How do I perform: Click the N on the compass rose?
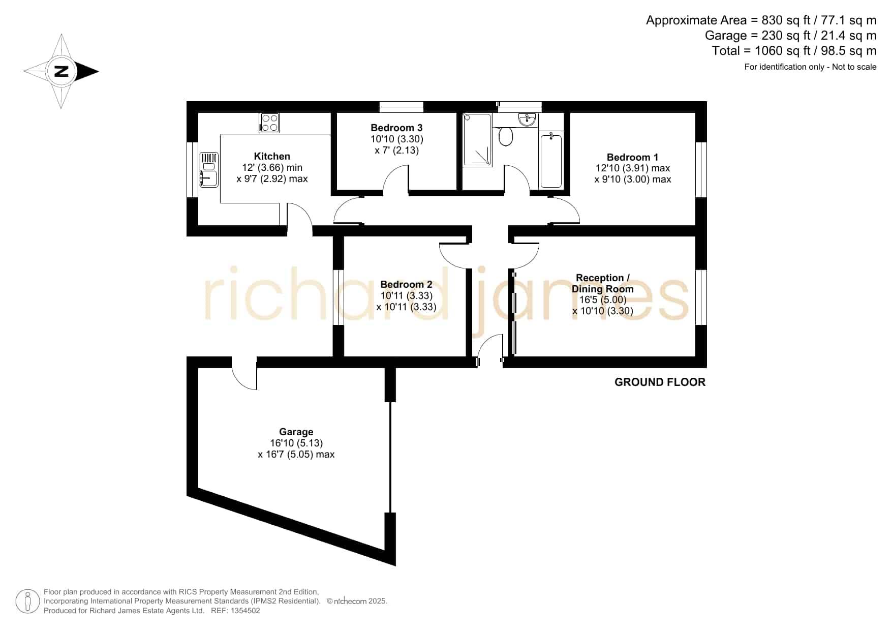(x=61, y=71)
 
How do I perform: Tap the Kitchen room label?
(x=272, y=156)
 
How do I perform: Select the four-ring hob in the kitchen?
(x=269, y=123)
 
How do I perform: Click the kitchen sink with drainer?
(x=209, y=169)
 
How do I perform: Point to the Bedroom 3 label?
(x=396, y=128)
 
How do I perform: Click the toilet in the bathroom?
(x=505, y=136)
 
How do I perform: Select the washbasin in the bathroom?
(x=527, y=119)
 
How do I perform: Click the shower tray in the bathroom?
(x=477, y=140)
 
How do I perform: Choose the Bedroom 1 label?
(x=632, y=157)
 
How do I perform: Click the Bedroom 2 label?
(x=406, y=284)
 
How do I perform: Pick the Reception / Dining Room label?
(x=603, y=283)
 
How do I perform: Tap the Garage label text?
(x=296, y=432)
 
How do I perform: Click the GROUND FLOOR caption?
(x=660, y=382)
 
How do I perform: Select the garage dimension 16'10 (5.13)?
(x=296, y=443)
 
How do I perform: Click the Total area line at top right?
(x=794, y=51)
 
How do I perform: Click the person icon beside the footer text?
(x=27, y=602)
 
